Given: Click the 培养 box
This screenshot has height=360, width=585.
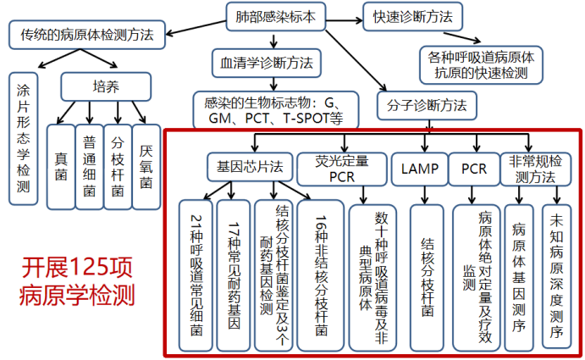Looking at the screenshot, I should coord(106,86).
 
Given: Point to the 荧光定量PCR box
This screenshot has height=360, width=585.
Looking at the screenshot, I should coord(341,168).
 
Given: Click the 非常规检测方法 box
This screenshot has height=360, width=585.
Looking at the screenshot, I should coord(533,168).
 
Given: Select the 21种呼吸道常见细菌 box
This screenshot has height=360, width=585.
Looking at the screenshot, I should coord(196,263).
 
